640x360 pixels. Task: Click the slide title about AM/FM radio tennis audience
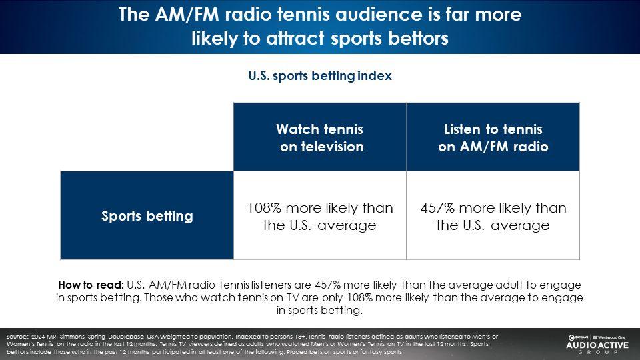(320, 26)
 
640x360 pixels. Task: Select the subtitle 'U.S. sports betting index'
(320, 75)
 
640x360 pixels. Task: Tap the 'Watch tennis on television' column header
(320, 137)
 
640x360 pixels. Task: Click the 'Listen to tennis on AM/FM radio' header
(493, 137)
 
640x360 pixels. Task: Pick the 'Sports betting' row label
(147, 215)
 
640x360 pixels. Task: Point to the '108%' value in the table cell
(265, 208)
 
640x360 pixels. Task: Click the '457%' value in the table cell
(437, 208)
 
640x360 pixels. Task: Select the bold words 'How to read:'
(91, 285)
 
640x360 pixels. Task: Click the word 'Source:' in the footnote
(17, 337)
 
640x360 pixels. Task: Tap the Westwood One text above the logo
(609, 337)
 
